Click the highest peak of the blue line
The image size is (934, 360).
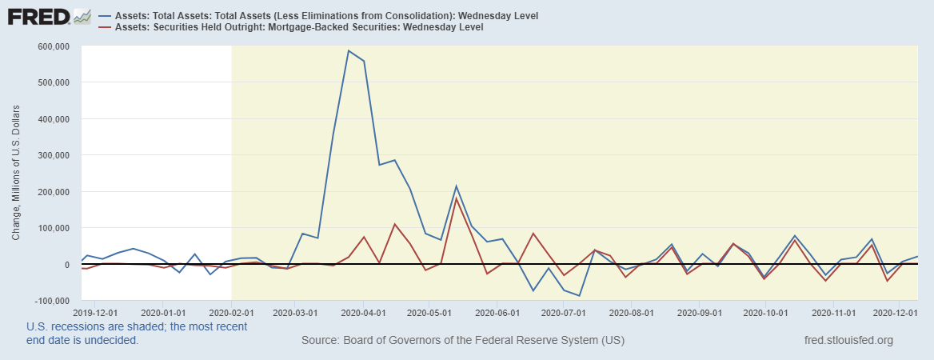(348, 50)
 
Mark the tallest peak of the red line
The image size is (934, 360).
(456, 198)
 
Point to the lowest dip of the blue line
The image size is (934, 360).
(578, 296)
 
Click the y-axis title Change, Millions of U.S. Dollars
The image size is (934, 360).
(16, 173)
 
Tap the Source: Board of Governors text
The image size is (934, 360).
(462, 341)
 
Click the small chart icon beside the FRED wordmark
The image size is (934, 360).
(82, 16)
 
